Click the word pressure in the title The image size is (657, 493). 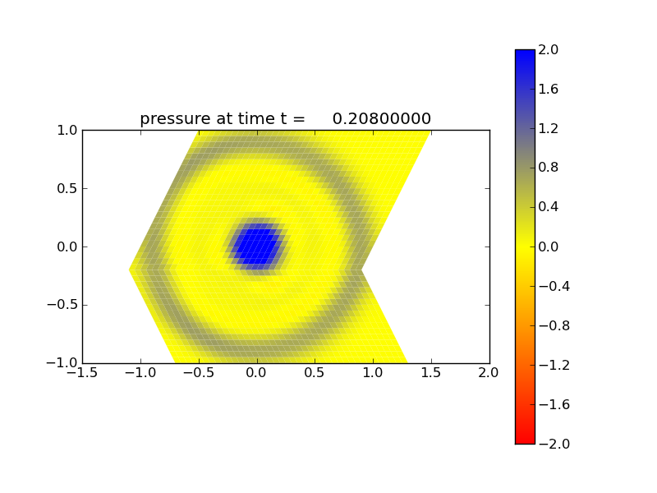tap(173, 119)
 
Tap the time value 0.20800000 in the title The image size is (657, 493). tap(382, 119)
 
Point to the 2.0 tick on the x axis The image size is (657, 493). tap(489, 372)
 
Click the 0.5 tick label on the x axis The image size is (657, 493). tap(315, 372)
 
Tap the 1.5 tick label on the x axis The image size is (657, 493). tap(431, 372)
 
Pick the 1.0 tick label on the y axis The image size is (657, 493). tap(67, 130)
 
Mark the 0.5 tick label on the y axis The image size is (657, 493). tap(67, 188)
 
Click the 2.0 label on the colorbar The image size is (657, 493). tap(549, 49)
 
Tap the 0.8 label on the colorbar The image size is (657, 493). tap(549, 168)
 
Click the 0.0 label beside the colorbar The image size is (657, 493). tap(549, 246)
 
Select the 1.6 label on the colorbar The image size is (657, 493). tap(549, 89)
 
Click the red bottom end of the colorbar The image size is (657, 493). tap(525, 435)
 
